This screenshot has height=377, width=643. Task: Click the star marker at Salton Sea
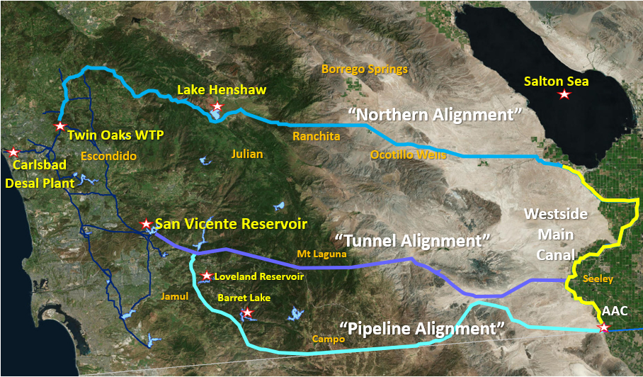(564, 94)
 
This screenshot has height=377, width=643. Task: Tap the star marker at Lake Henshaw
(217, 107)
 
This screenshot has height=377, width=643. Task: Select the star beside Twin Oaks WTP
(61, 126)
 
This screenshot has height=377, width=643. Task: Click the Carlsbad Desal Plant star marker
(13, 152)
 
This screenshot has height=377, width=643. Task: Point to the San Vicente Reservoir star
(147, 223)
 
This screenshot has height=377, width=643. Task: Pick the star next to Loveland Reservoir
(206, 276)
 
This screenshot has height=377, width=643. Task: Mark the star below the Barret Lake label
(247, 312)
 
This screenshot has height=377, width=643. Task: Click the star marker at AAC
(603, 327)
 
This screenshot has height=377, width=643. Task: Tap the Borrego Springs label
(365, 69)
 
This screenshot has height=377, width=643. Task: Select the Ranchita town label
(317, 135)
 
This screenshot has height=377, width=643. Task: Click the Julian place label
(247, 154)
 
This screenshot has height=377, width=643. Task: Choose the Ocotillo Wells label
(409, 154)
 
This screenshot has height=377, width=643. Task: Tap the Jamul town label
(175, 296)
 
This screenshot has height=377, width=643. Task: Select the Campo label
(329, 339)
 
